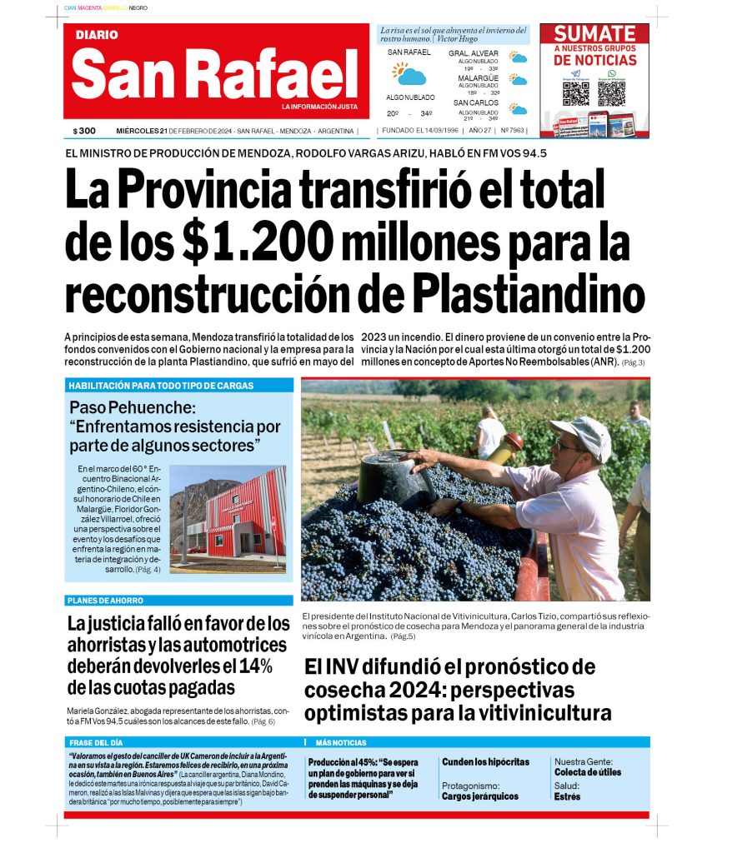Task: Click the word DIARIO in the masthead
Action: click(97, 35)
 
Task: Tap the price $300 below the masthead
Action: click(84, 131)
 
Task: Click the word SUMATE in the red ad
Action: click(594, 34)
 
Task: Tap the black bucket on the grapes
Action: click(391, 475)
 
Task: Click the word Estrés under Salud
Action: click(567, 796)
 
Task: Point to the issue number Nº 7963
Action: click(514, 131)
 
